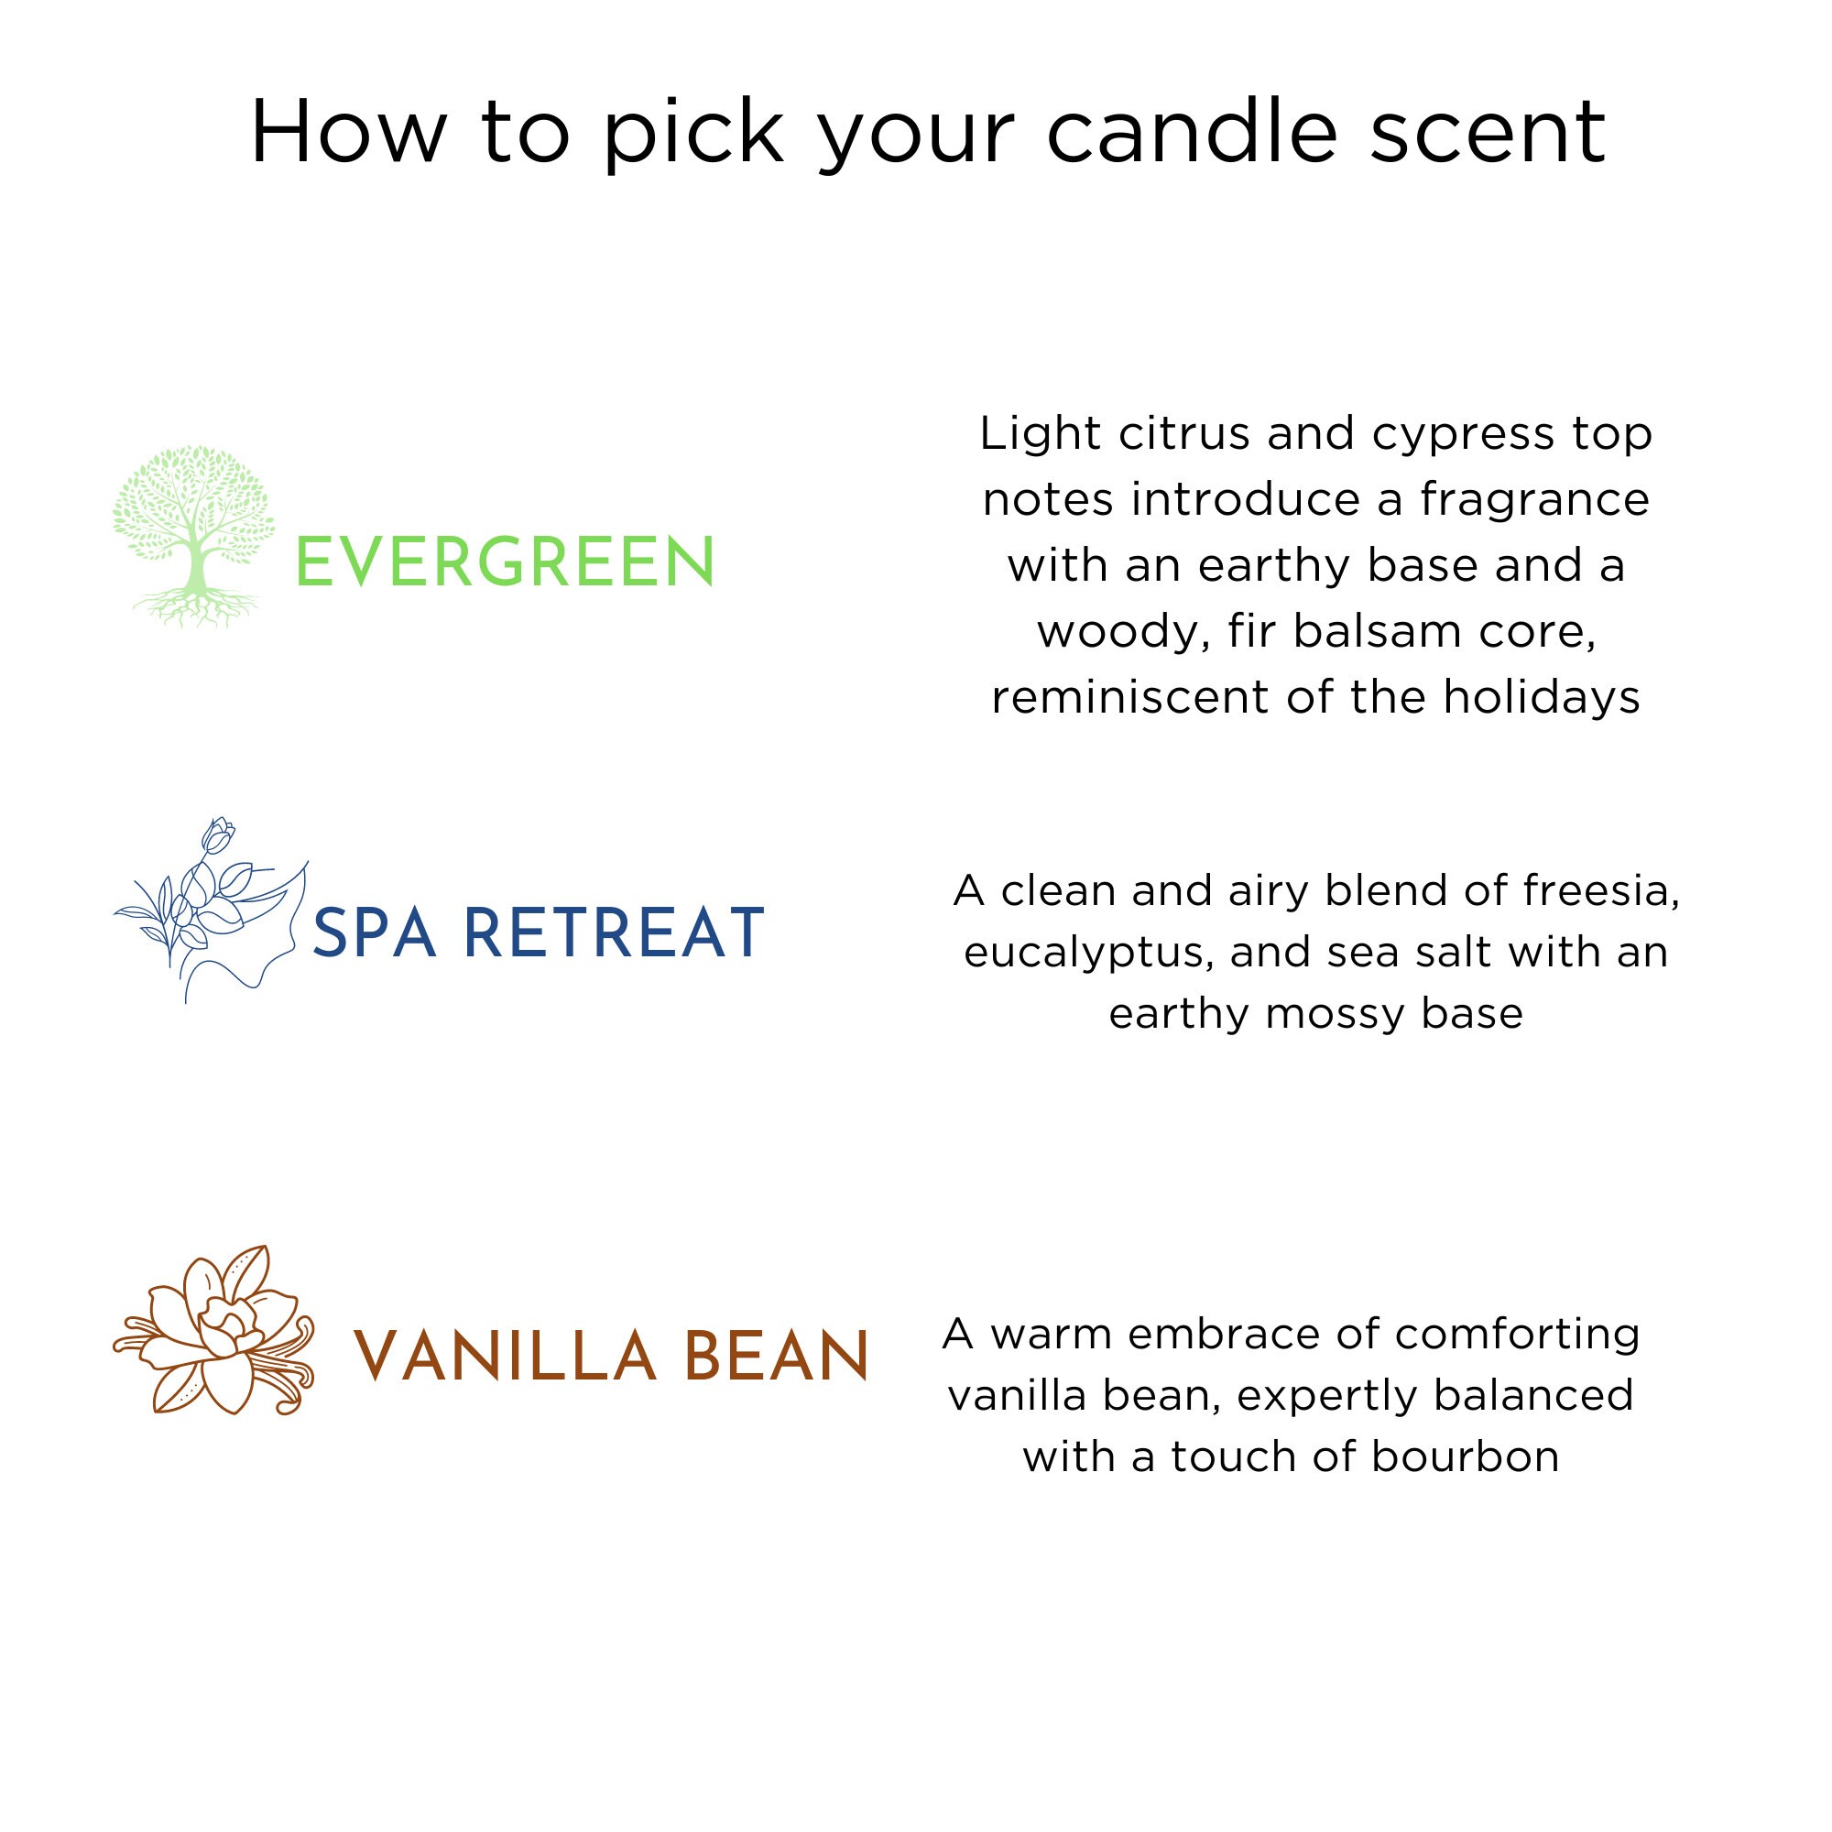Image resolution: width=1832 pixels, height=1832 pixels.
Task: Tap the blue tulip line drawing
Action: [211, 911]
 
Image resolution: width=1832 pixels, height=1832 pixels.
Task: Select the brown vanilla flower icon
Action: [214, 1330]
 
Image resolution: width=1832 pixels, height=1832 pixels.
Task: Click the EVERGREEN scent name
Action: [506, 562]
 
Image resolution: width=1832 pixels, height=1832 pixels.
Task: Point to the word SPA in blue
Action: [375, 933]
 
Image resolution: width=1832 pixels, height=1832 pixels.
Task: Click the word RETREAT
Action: [614, 933]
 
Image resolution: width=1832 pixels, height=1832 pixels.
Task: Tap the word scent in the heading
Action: [1488, 133]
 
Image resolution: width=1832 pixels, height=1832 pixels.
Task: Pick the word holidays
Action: [1542, 699]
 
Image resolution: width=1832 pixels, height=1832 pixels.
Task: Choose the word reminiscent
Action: [1130, 699]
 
